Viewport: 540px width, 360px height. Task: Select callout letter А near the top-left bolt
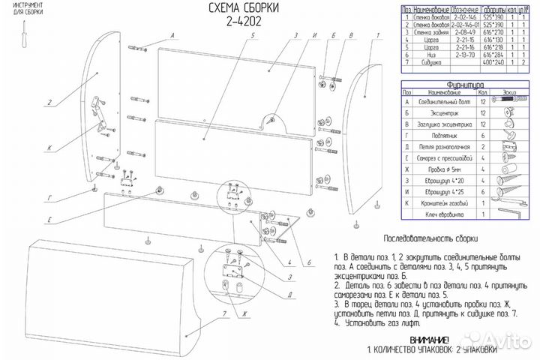click(x=172, y=36)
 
